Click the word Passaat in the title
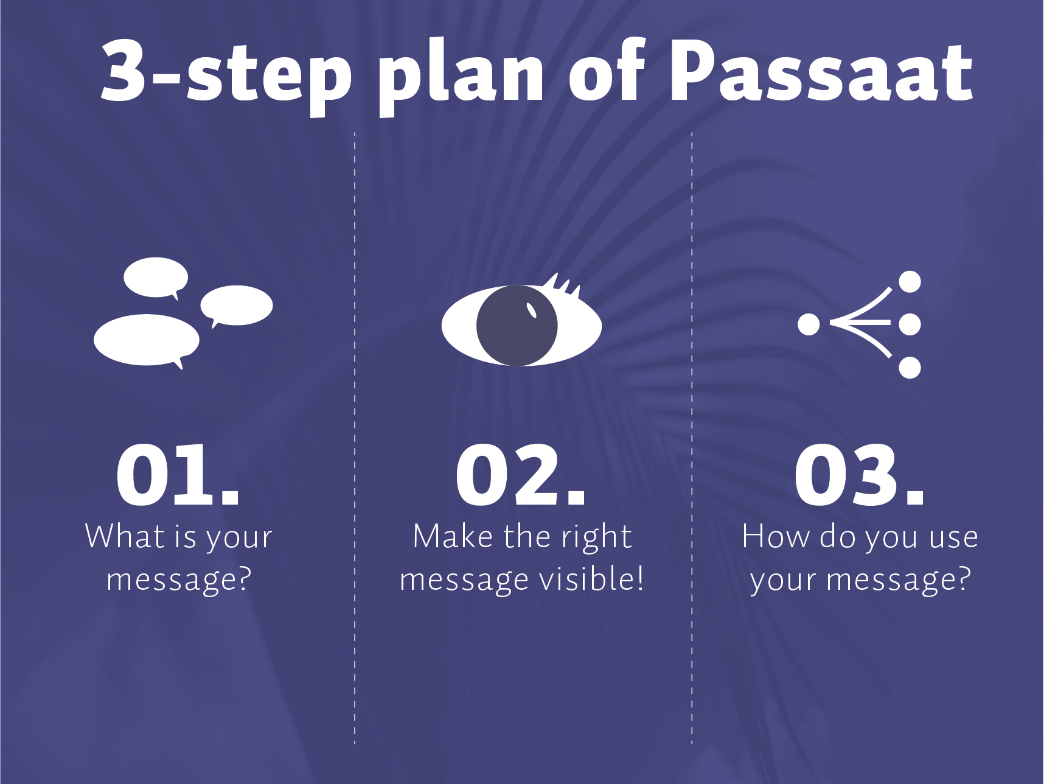[x=821, y=72]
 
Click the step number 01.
[x=178, y=475]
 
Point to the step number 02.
[x=520, y=475]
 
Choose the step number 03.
[x=859, y=475]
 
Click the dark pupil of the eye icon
[x=517, y=326]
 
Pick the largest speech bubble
[x=147, y=340]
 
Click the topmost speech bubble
[x=156, y=278]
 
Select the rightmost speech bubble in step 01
[x=237, y=306]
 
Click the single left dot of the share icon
[x=809, y=324]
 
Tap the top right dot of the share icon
[x=910, y=282]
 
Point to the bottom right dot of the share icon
[x=910, y=368]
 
